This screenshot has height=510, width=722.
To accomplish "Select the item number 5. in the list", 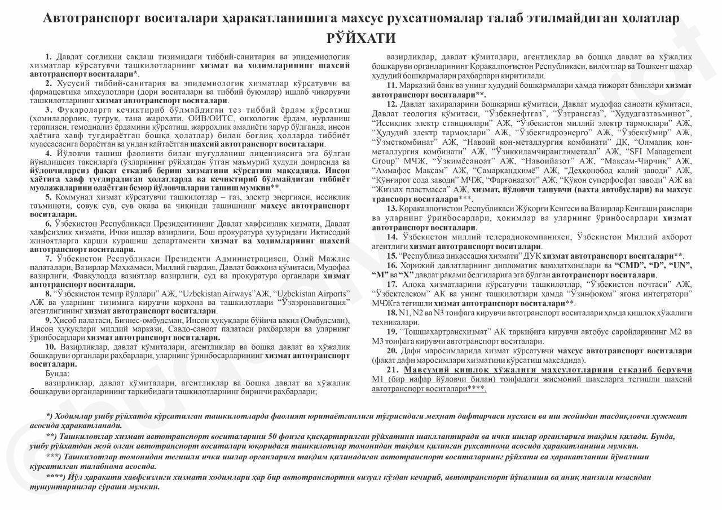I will tap(49, 197).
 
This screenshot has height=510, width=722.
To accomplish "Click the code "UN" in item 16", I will tap(680, 265).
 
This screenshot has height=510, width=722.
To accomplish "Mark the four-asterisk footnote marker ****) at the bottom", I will tap(56, 477).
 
